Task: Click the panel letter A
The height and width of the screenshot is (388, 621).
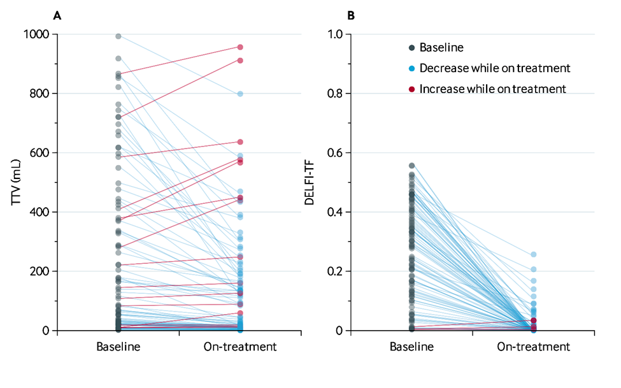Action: point(57,15)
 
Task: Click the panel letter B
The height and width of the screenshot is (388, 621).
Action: point(350,15)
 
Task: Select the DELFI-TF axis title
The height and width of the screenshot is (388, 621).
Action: point(310,182)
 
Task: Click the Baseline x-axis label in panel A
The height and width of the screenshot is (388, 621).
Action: point(118,347)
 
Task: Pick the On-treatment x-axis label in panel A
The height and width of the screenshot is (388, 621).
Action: point(240,347)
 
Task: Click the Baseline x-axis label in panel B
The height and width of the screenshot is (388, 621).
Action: point(411,347)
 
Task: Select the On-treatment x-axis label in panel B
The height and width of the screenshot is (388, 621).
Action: point(534,347)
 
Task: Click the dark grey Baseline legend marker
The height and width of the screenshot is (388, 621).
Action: point(412,47)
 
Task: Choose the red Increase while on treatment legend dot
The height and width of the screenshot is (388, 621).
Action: point(412,89)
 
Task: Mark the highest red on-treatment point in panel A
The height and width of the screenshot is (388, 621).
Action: point(241,47)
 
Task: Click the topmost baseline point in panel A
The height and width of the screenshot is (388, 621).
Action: point(118,36)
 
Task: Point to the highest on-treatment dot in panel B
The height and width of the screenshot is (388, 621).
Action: point(534,255)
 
